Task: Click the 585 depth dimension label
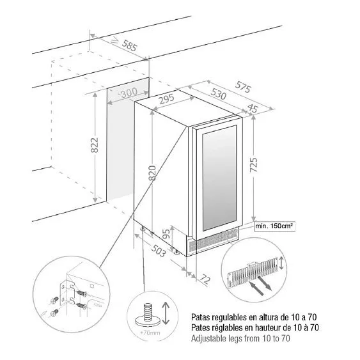pos(129,45)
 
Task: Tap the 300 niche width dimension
pos(129,93)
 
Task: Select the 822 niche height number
pos(95,145)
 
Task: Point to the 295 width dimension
pos(167,99)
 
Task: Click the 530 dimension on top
pos(218,94)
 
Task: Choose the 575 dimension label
pos(243,87)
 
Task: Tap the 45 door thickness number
pos(253,108)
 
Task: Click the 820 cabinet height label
pos(152,173)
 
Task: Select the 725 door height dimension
pos(253,165)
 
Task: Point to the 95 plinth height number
pos(167,234)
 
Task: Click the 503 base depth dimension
pos(159,250)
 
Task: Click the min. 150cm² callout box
pos(274,226)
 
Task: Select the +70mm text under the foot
pos(150,333)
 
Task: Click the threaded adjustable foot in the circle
pos(148,315)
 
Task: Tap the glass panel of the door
pos(220,178)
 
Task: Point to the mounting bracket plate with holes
pos(67,293)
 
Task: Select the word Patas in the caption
pos(200,317)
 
